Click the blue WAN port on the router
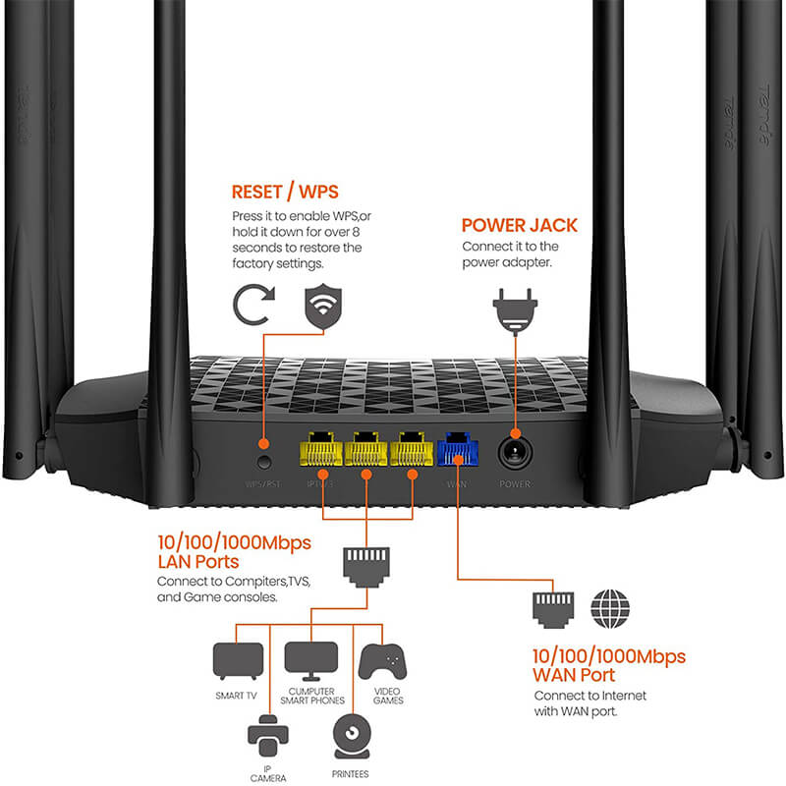[x=459, y=449]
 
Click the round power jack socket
[x=514, y=451]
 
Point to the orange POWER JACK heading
[x=520, y=225]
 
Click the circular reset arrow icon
[x=253, y=306]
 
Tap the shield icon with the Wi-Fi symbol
[x=324, y=305]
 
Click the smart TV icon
[x=239, y=660]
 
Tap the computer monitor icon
[x=310, y=660]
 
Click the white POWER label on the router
[x=514, y=484]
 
